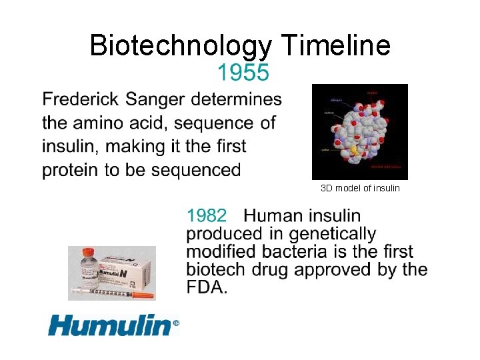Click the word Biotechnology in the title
pos(180,46)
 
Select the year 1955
pos(243,72)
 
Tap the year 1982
pos(207,216)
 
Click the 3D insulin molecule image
pos(360,131)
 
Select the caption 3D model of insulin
pos(360,188)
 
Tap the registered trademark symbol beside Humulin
pos(176,323)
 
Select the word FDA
pos(207,288)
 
